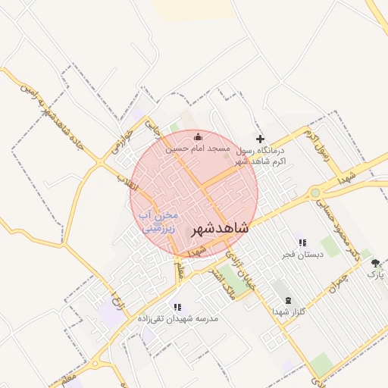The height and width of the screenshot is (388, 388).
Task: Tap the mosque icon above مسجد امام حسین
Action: [x=199, y=136]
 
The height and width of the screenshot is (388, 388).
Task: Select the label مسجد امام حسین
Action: [x=199, y=149]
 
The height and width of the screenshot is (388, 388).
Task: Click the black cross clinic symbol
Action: [x=260, y=139]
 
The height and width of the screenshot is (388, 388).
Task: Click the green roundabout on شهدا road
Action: [x=314, y=192]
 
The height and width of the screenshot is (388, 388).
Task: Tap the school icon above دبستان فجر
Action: [x=302, y=242]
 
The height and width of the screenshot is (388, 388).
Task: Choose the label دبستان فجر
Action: [x=302, y=255]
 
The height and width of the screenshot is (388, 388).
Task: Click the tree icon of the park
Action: [x=375, y=263]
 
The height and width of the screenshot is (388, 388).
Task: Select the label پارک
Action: [x=376, y=274]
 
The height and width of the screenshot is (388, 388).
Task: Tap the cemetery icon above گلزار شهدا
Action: [x=288, y=300]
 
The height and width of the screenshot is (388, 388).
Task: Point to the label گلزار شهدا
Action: [x=288, y=311]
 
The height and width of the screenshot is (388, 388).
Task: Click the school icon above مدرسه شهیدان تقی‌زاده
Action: [x=177, y=307]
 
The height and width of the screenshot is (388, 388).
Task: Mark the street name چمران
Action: [x=338, y=283]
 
